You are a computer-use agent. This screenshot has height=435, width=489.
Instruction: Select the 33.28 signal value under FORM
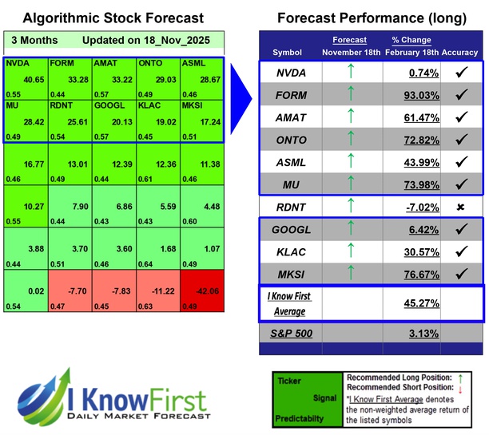[77, 79]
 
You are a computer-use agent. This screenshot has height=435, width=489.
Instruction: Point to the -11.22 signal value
[165, 291]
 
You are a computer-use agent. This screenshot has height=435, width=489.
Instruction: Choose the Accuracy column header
[461, 52]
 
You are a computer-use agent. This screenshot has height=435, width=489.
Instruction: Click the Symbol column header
[288, 52]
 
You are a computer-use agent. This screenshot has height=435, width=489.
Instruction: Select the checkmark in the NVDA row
[460, 73]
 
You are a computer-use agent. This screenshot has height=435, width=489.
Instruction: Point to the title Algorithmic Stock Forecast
[113, 18]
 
